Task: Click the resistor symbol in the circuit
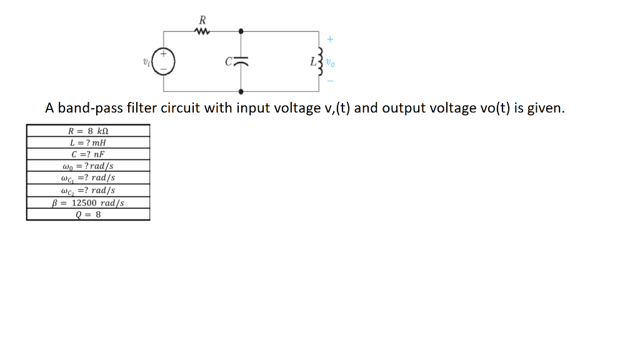coord(201,30)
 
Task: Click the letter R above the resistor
coord(201,19)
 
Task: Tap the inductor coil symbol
coord(321,61)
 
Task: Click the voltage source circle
coord(164,62)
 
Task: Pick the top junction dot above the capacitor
coord(241,30)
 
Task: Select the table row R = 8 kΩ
coord(88,131)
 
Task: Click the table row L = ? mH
coord(88,142)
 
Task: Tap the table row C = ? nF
coord(88,154)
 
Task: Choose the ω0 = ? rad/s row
coord(88,166)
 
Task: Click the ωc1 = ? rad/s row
coord(88,178)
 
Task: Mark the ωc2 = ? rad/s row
coord(88,191)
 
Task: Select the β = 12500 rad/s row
coord(88,202)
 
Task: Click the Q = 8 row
coord(88,214)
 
